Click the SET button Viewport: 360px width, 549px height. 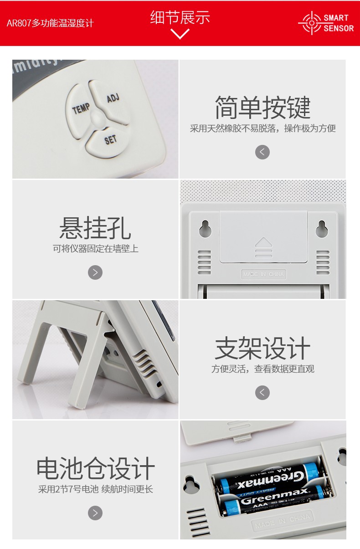tap(109, 139)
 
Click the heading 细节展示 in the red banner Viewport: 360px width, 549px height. tap(180, 17)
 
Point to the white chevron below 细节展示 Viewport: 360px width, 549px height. tap(180, 34)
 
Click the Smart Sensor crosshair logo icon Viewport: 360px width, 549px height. tap(311, 23)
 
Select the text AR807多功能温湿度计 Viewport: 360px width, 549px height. tap(50, 23)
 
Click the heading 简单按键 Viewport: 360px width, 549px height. tap(262, 108)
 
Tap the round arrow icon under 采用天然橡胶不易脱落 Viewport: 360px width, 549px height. tap(262, 152)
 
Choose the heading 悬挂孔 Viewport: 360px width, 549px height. tap(95, 228)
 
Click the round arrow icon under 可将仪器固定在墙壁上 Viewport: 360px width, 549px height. tap(95, 272)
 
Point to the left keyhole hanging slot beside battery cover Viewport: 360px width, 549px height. tap(205, 229)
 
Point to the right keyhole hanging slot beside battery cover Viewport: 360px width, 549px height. tap(322, 229)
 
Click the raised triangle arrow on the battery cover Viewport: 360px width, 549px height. tap(263, 242)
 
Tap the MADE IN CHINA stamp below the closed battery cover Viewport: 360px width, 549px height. tap(263, 274)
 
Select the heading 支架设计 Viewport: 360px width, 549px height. tap(262, 349)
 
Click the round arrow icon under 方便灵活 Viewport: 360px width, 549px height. tap(262, 393)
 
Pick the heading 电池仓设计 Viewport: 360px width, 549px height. tap(95, 469)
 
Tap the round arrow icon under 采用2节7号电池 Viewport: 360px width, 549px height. tap(95, 513)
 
